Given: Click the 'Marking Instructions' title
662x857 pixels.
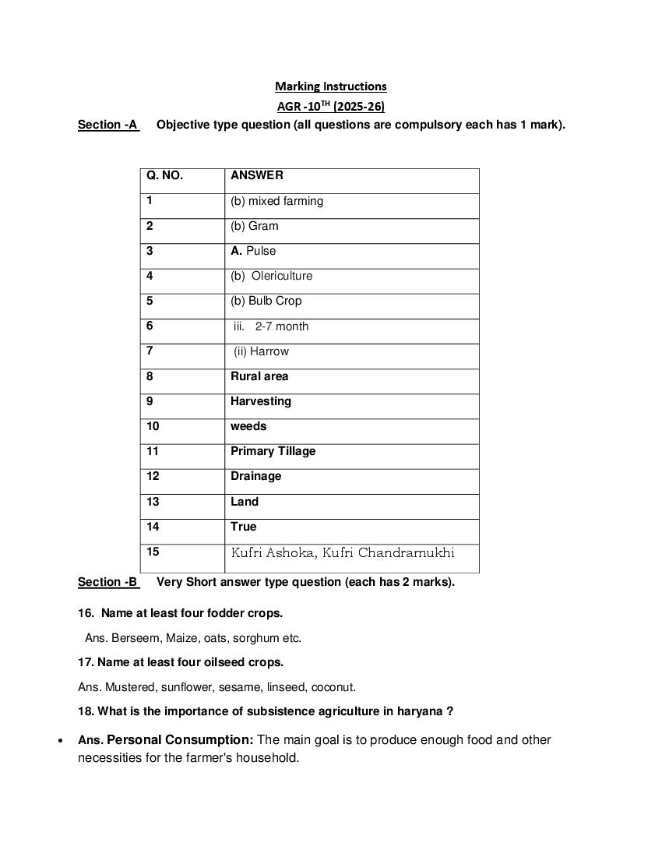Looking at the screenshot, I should tap(330, 86).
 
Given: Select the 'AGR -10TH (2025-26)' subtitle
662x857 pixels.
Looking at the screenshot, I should tap(330, 106).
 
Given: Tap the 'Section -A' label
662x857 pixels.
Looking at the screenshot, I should tap(107, 125).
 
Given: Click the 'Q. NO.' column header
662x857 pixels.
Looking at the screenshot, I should tap(164, 176).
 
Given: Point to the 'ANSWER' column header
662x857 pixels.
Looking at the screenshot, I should tap(257, 176).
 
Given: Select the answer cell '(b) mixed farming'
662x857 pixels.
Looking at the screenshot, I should tap(276, 201).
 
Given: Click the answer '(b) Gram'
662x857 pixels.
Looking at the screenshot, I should tap(254, 226).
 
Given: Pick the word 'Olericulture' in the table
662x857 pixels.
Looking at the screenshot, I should tap(281, 276).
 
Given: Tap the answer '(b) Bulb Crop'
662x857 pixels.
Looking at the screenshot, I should tap(266, 301).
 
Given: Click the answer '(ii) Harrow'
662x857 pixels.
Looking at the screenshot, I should tap(261, 351).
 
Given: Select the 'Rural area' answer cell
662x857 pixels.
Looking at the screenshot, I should tap(259, 376).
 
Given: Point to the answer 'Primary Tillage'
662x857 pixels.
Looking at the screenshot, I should tap(273, 451).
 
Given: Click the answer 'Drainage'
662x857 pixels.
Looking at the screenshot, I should tap(255, 476).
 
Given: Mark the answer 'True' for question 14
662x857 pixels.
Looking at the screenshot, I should tap(243, 527).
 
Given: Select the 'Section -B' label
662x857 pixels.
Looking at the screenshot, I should tap(107, 582).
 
